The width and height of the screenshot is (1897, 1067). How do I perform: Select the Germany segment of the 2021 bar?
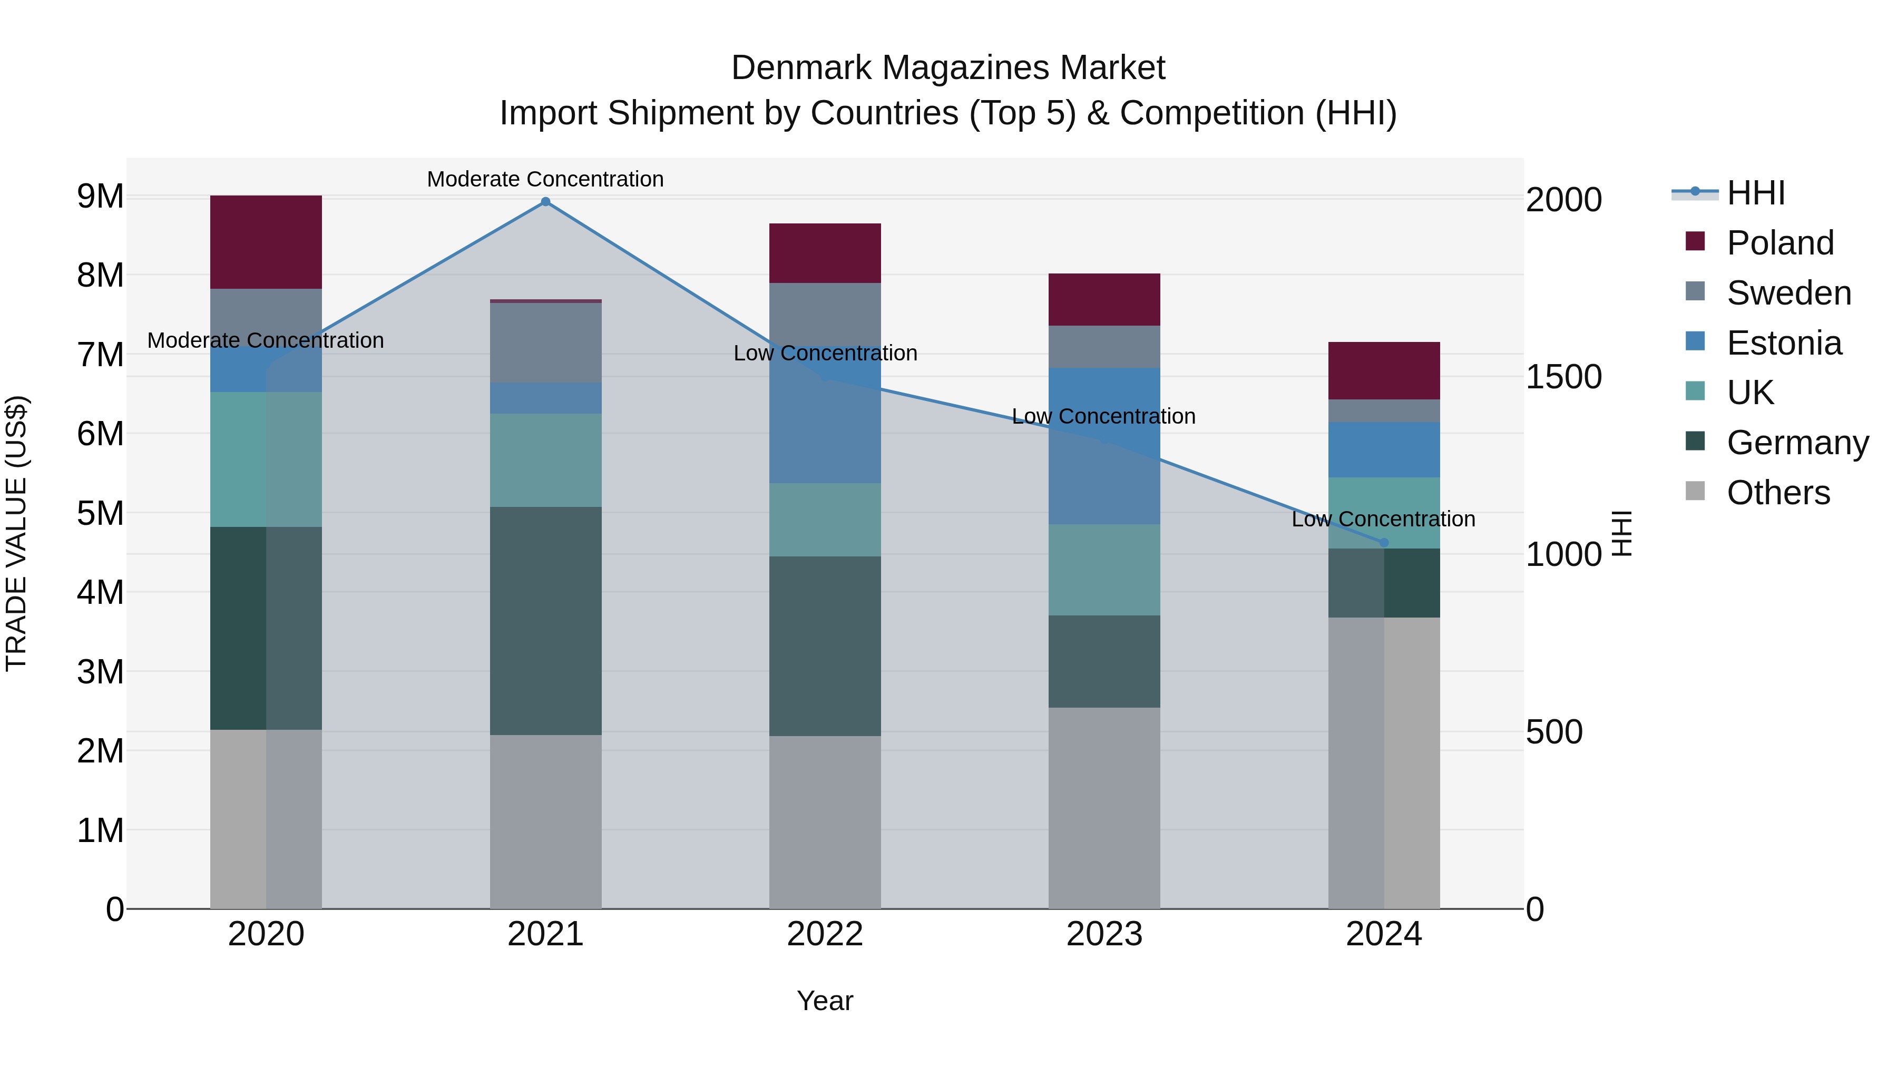[546, 620]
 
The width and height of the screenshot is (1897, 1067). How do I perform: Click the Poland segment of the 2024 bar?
[1384, 370]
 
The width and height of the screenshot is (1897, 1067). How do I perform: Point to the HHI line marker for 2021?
[546, 202]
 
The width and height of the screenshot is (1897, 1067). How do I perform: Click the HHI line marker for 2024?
[1384, 543]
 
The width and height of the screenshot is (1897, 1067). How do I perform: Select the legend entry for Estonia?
[1784, 343]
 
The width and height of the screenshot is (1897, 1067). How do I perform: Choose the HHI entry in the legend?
[1756, 193]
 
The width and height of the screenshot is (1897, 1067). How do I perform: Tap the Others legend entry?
[1778, 493]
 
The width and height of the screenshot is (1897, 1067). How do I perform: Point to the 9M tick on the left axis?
[100, 197]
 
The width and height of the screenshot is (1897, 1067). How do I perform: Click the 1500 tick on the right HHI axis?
[1563, 377]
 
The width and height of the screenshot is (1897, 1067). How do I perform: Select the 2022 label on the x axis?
[825, 934]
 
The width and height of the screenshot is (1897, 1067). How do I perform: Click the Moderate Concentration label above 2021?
[546, 179]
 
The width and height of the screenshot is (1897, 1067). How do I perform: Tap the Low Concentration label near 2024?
[1383, 519]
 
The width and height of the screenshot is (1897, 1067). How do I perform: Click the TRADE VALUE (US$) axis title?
[17, 533]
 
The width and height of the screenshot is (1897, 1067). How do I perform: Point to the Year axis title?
[825, 1001]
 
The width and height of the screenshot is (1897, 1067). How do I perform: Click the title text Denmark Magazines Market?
[948, 68]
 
